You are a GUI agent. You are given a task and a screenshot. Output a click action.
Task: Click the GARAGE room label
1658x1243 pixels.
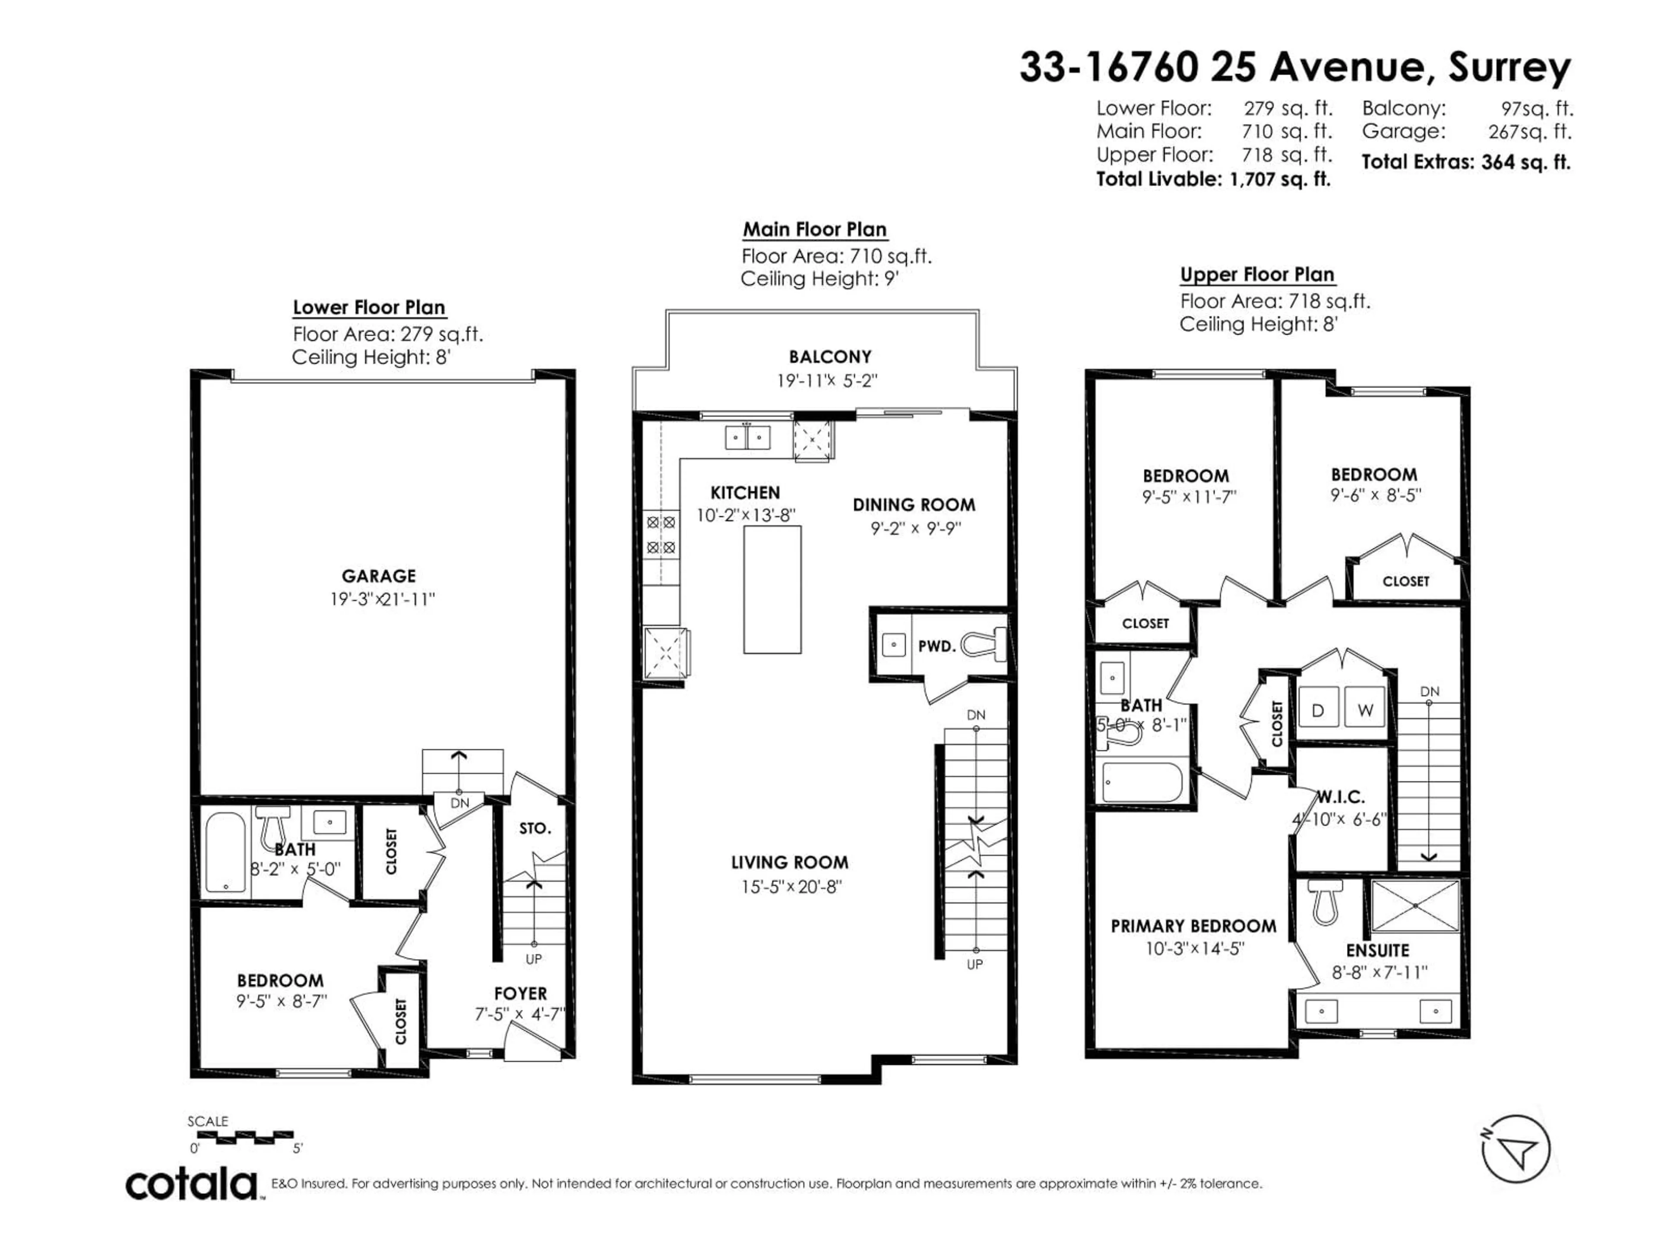tap(379, 575)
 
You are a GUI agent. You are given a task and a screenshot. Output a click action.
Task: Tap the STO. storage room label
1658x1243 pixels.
tap(535, 828)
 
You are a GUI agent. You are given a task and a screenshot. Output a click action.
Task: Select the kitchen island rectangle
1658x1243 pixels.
tap(772, 589)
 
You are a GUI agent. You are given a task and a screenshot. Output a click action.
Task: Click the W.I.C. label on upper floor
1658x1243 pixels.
tap(1340, 796)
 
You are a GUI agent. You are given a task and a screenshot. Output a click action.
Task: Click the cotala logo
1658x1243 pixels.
tap(191, 1185)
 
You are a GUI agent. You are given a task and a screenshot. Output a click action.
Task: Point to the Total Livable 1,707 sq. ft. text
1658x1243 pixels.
tap(1213, 179)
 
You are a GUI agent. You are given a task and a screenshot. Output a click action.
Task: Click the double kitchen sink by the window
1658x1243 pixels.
tap(747, 437)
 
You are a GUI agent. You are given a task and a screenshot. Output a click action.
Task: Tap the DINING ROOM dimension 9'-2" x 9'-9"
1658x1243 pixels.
tap(915, 528)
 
